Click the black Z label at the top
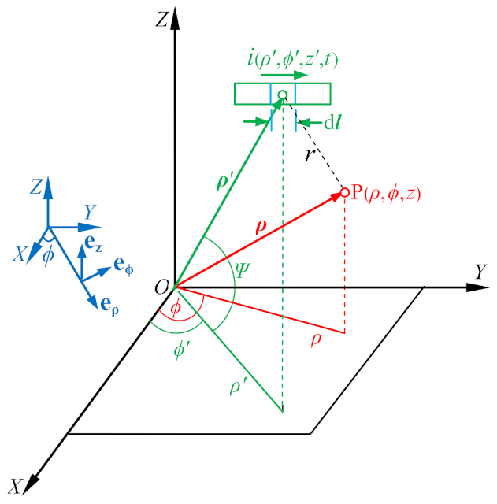pos(162,21)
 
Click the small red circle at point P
pos(344,192)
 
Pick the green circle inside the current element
pos(283,94)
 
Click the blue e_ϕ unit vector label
pos(124,265)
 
